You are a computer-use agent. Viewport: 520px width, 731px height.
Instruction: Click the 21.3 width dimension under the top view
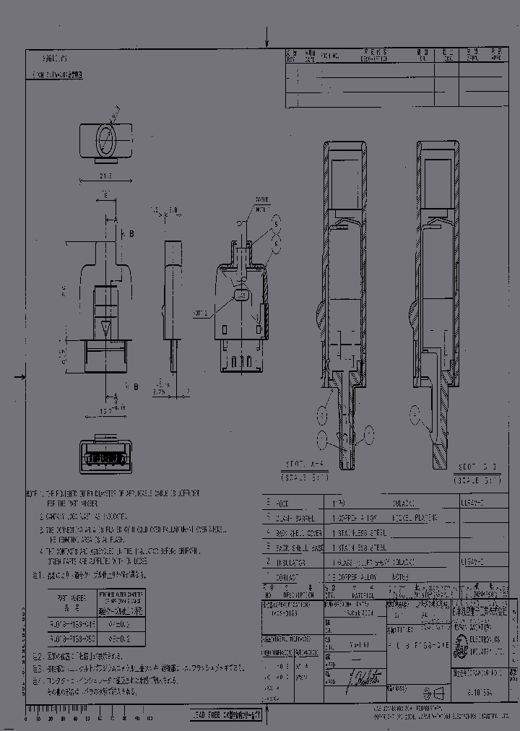coord(105,176)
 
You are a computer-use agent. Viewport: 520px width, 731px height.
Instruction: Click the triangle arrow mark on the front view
coord(105,329)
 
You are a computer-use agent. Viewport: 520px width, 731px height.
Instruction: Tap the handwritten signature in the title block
coord(361,678)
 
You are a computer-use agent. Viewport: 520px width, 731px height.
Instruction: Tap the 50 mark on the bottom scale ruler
coord(87,718)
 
